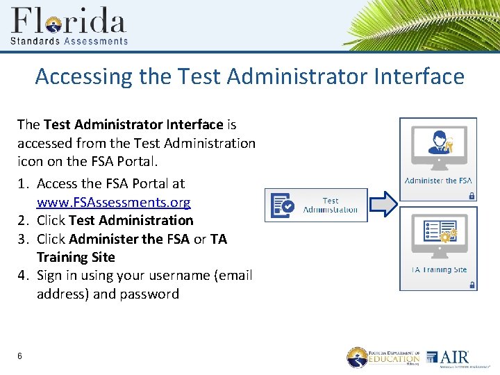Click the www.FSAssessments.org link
[x=113, y=202]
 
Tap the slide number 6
[x=20, y=356]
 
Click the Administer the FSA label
[x=437, y=181]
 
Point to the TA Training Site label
[x=438, y=269]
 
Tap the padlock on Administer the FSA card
[x=472, y=196]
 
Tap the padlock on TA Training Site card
[x=472, y=285]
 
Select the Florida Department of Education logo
[x=384, y=357]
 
